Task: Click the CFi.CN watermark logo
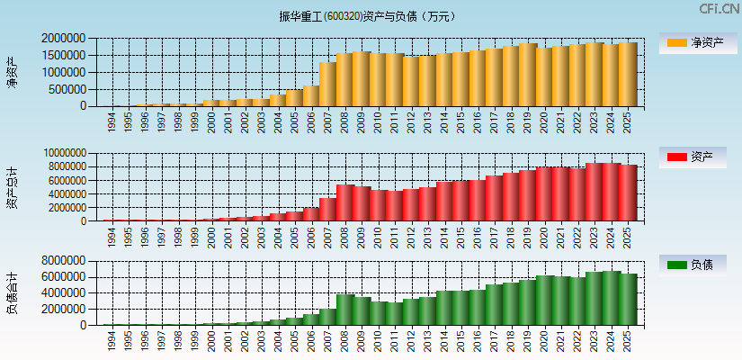click(718, 9)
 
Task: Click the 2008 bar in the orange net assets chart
click(344, 80)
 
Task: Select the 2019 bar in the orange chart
click(528, 75)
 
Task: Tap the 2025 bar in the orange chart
click(627, 75)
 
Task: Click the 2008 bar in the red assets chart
click(344, 202)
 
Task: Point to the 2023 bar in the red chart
click(594, 192)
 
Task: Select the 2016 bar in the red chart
click(477, 201)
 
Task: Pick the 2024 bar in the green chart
click(611, 298)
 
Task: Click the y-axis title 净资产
click(12, 72)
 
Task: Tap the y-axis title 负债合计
click(12, 293)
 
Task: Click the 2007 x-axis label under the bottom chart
click(327, 339)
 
